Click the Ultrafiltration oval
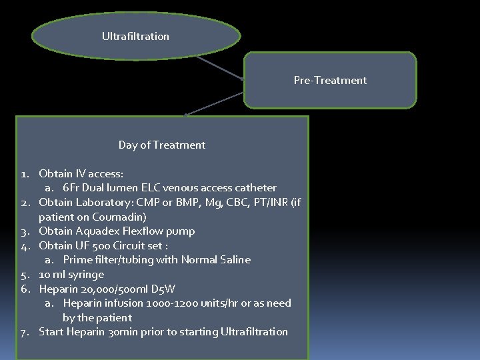135,36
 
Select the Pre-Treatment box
330,80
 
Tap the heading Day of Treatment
162,145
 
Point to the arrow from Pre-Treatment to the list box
213,104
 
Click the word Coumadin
119,217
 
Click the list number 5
24,275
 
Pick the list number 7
24,332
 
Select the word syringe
84,275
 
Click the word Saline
234,260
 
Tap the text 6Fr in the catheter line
71,188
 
